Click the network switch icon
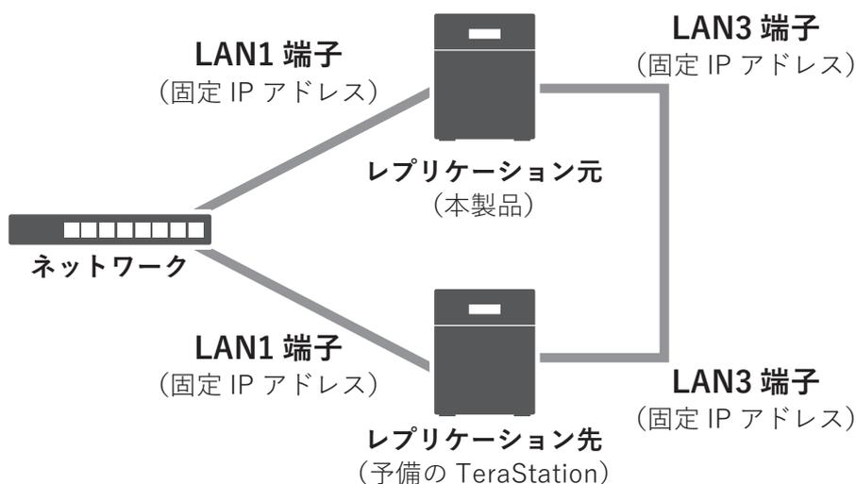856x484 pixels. [x=109, y=229]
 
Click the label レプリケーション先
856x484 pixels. [x=485, y=440]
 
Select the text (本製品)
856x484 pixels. [x=485, y=206]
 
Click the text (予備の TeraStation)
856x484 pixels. [x=486, y=469]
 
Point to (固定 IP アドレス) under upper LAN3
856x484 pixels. [x=746, y=67]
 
